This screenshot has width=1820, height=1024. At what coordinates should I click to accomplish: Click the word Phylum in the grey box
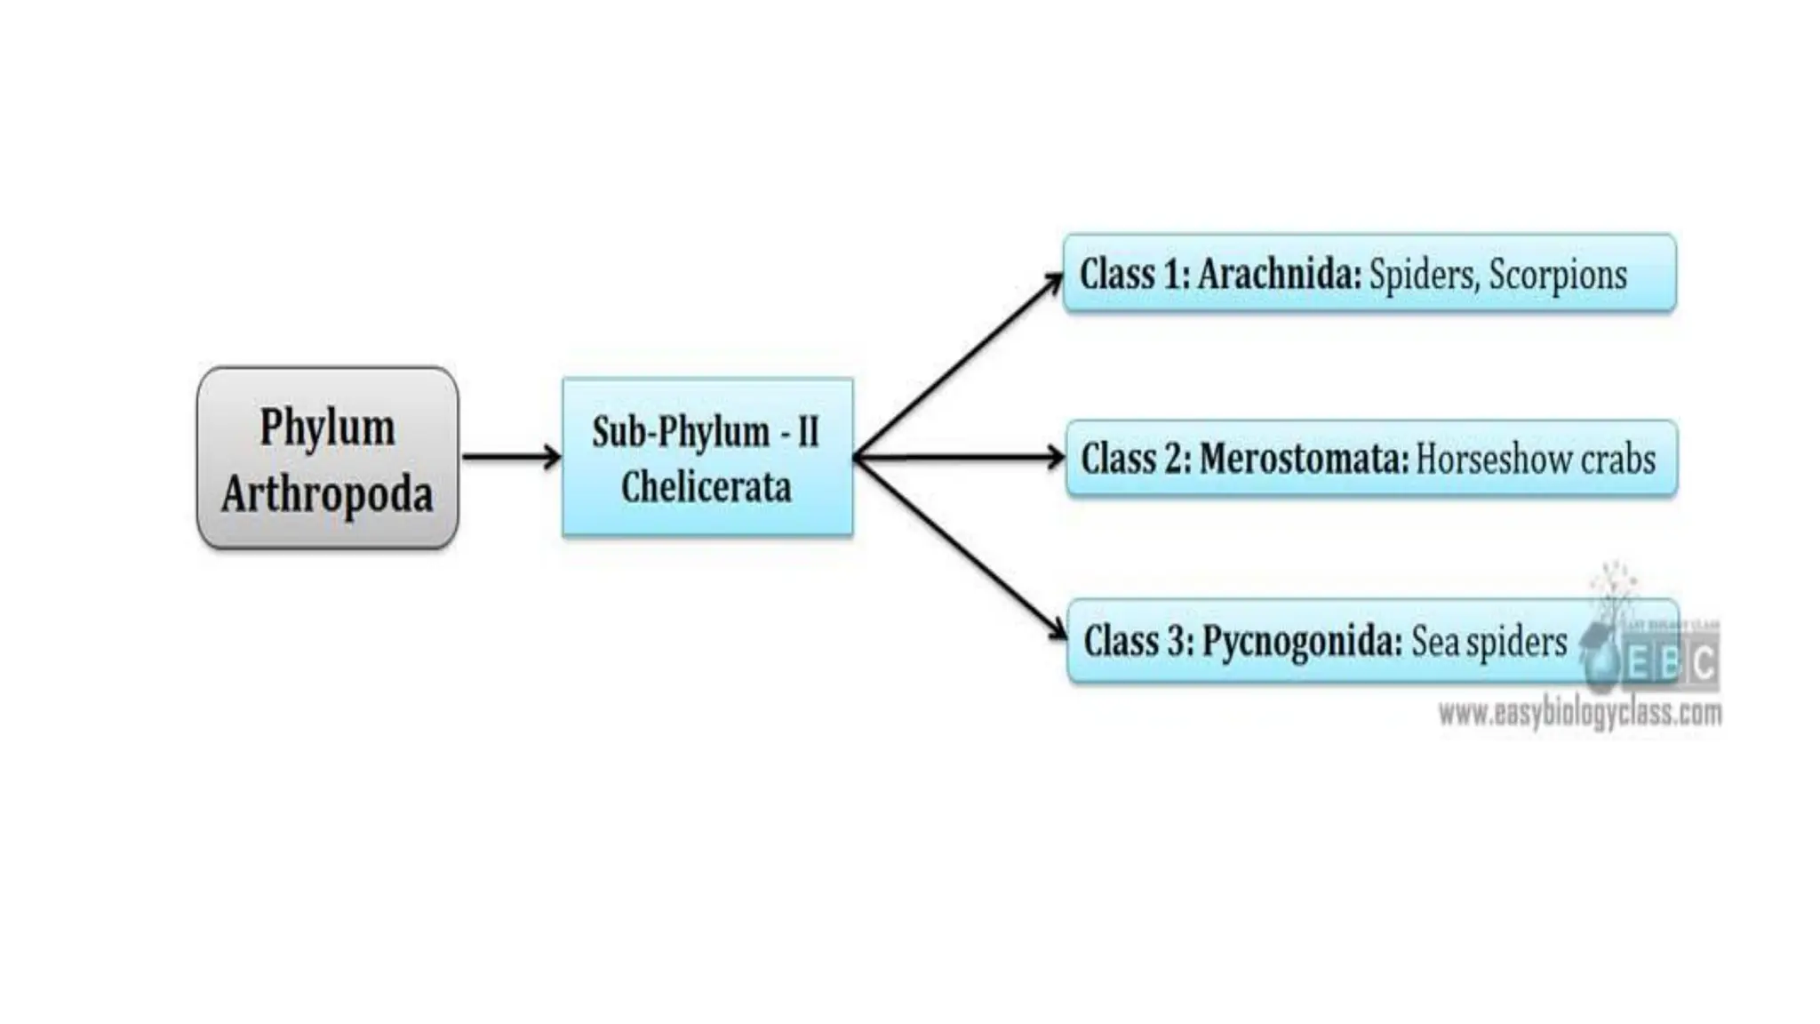[x=327, y=428]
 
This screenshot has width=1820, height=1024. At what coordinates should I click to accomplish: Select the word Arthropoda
[x=327, y=494]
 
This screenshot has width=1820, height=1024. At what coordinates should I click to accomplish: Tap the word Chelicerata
[x=706, y=487]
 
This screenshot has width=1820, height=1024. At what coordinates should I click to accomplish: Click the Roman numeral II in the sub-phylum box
[x=808, y=433]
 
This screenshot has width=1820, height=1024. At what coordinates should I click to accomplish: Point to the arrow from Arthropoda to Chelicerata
[x=511, y=457]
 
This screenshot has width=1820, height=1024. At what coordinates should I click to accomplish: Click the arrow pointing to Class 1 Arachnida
[x=960, y=364]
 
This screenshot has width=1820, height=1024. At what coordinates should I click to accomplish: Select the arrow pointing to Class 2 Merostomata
[x=960, y=458]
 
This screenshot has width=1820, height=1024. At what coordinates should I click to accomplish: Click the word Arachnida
[x=1279, y=274]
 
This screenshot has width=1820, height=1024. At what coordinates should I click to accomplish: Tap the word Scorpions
[x=1557, y=275]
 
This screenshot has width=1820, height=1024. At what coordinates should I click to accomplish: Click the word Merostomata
[x=1304, y=459]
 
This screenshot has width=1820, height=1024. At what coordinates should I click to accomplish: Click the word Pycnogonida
[x=1302, y=642]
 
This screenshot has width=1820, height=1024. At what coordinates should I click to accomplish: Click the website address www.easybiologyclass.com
[x=1579, y=713]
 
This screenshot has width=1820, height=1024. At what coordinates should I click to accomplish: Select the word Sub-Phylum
[x=681, y=433]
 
